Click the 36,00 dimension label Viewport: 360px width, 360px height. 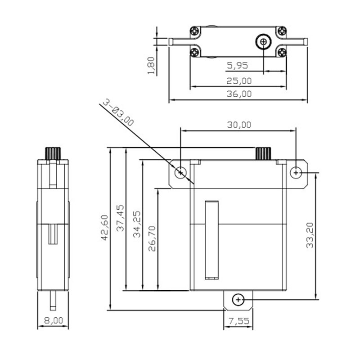239,94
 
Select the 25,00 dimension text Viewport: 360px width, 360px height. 239,81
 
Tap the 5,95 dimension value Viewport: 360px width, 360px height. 238,66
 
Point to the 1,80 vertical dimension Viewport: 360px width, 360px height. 151,66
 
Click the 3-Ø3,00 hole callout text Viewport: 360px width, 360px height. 118,112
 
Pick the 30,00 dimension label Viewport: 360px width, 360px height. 239,125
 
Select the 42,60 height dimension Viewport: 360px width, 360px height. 105,228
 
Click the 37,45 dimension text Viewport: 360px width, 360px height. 120,218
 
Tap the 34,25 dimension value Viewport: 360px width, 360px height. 137,224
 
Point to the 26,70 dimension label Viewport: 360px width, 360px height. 152,239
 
